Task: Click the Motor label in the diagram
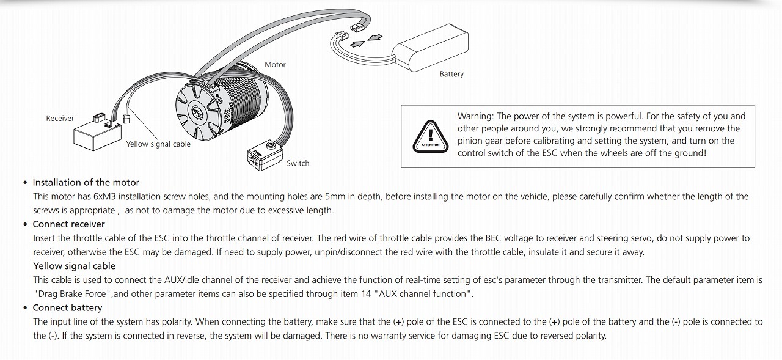click(x=275, y=65)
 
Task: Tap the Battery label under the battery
click(x=451, y=74)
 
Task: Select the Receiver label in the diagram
click(x=60, y=119)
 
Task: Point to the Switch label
click(x=298, y=163)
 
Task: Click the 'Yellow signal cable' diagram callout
click(x=158, y=144)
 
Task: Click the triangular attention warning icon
click(x=431, y=136)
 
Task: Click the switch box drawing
click(x=265, y=156)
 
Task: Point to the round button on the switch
click(x=271, y=145)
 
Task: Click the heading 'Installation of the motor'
click(x=86, y=182)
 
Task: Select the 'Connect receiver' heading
click(x=69, y=224)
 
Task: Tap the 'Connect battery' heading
click(x=67, y=307)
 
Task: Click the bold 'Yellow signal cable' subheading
click(x=75, y=266)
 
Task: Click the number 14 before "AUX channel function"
click(x=366, y=294)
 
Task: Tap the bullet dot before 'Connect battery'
click(x=25, y=308)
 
